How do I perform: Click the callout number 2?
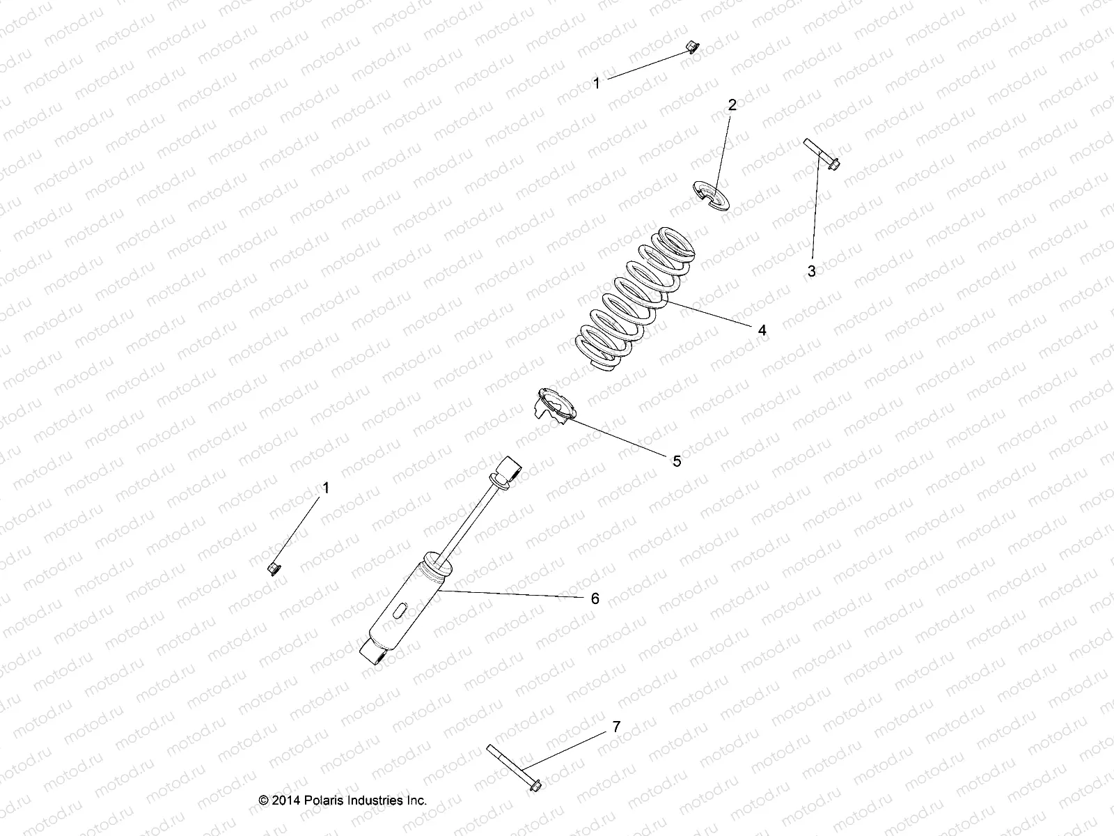coord(732,105)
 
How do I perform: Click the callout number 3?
coord(811,272)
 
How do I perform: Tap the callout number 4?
coord(762,330)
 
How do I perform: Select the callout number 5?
coord(677,460)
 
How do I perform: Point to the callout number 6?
coord(595,598)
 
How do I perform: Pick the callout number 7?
coord(615,727)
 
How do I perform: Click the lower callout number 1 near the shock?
coord(326,488)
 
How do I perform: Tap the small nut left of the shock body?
coord(274,568)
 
